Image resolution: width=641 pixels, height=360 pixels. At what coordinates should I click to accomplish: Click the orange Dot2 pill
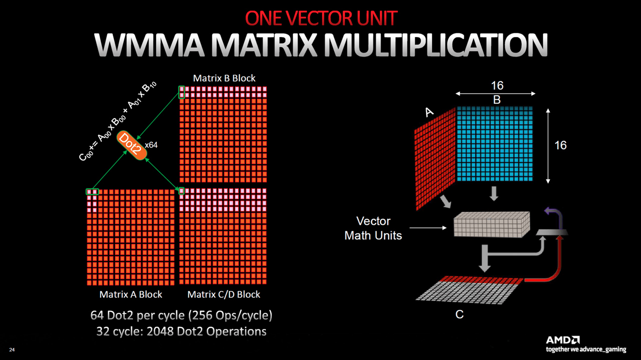click(x=132, y=145)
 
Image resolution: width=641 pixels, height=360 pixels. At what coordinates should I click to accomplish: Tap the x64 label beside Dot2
click(x=151, y=145)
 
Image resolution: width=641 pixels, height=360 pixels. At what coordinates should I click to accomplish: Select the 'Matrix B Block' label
click(x=224, y=78)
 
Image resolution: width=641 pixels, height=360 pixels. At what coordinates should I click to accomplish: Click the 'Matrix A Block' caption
click(x=131, y=294)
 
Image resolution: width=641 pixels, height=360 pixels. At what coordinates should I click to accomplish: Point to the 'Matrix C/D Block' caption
click(x=224, y=294)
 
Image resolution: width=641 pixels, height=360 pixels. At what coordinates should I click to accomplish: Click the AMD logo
click(x=563, y=340)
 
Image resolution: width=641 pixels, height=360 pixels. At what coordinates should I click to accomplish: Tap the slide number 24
click(x=12, y=349)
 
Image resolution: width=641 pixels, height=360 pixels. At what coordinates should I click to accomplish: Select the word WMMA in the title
click(x=149, y=45)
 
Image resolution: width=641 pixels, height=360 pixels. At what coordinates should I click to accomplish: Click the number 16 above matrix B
click(x=497, y=86)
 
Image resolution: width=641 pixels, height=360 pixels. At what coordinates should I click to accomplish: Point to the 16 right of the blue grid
click(x=560, y=145)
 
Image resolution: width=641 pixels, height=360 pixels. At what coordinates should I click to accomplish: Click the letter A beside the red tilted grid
click(x=429, y=112)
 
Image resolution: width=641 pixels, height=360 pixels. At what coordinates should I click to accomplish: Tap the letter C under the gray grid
click(x=459, y=314)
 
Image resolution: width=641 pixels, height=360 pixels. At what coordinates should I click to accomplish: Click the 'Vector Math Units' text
click(x=373, y=228)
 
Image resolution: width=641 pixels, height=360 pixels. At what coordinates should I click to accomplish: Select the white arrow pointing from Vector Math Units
click(x=428, y=228)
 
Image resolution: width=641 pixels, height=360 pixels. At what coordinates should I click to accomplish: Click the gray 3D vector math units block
click(x=492, y=224)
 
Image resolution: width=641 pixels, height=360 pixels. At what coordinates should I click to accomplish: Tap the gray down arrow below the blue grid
click(x=494, y=193)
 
